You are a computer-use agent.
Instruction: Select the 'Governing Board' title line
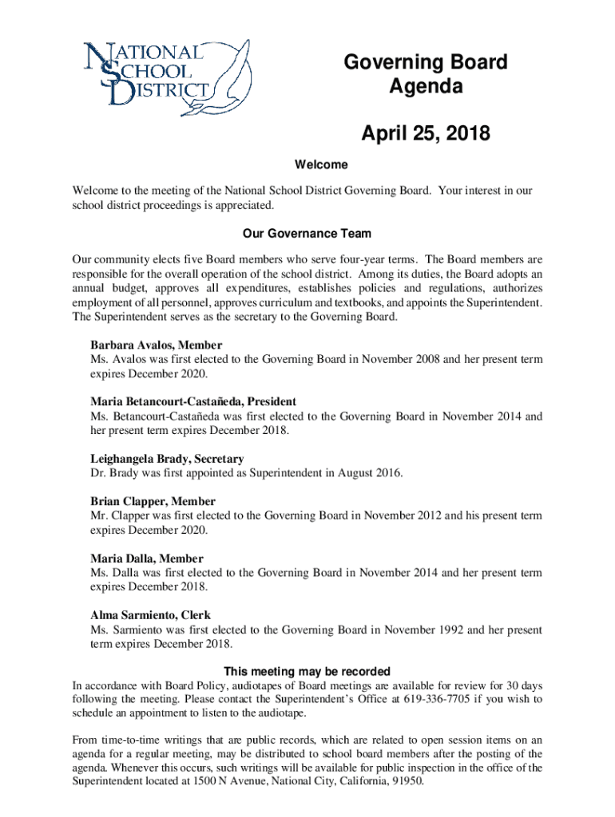[x=426, y=63]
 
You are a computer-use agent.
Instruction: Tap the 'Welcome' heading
[x=321, y=165]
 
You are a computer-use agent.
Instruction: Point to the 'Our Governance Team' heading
[x=307, y=234]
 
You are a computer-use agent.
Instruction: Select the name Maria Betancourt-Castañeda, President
[x=193, y=402]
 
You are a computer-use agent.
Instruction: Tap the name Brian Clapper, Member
[x=153, y=501]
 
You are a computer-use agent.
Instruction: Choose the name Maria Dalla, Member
[x=146, y=558]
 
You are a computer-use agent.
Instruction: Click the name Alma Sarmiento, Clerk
[x=151, y=615]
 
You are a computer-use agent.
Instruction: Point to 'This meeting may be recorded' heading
[x=307, y=671]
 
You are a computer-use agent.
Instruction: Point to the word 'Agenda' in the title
[x=426, y=87]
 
